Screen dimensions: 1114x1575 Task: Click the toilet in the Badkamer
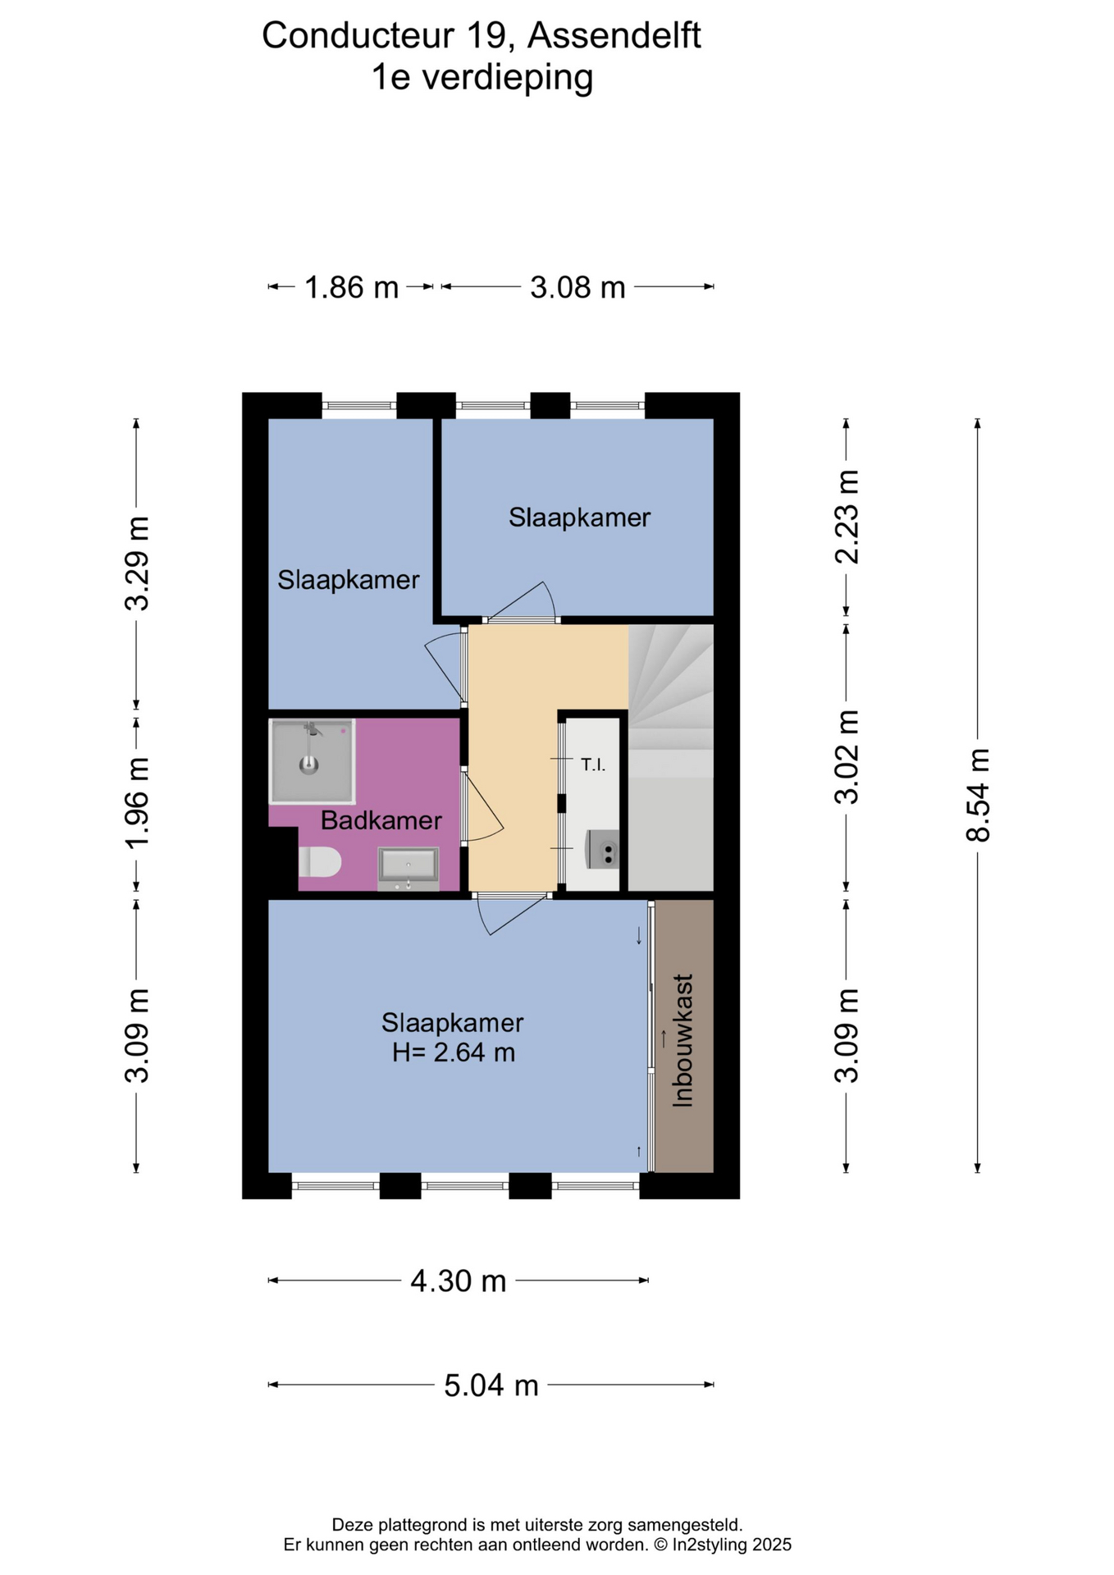320,862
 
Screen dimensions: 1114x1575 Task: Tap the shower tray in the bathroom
312,761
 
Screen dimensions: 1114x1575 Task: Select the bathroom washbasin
408,868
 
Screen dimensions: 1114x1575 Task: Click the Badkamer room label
381,820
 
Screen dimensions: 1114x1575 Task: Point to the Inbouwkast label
683,1040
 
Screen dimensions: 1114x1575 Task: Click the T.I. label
593,765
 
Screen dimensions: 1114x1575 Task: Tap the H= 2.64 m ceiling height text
454,1052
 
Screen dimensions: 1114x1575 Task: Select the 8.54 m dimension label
979,795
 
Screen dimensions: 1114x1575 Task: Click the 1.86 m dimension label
352,288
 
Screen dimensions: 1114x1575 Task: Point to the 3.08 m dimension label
578,288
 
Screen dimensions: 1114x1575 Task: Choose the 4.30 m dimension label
459,1281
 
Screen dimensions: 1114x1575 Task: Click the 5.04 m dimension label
491,1386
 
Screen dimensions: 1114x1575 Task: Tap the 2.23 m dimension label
847,517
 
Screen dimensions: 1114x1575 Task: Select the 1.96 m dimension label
137,804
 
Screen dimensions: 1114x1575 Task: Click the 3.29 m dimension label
137,564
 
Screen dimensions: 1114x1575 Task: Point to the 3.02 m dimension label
847,757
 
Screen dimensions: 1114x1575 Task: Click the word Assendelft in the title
614,36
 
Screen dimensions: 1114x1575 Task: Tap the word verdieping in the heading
507,79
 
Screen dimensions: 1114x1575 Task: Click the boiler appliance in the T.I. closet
603,849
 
